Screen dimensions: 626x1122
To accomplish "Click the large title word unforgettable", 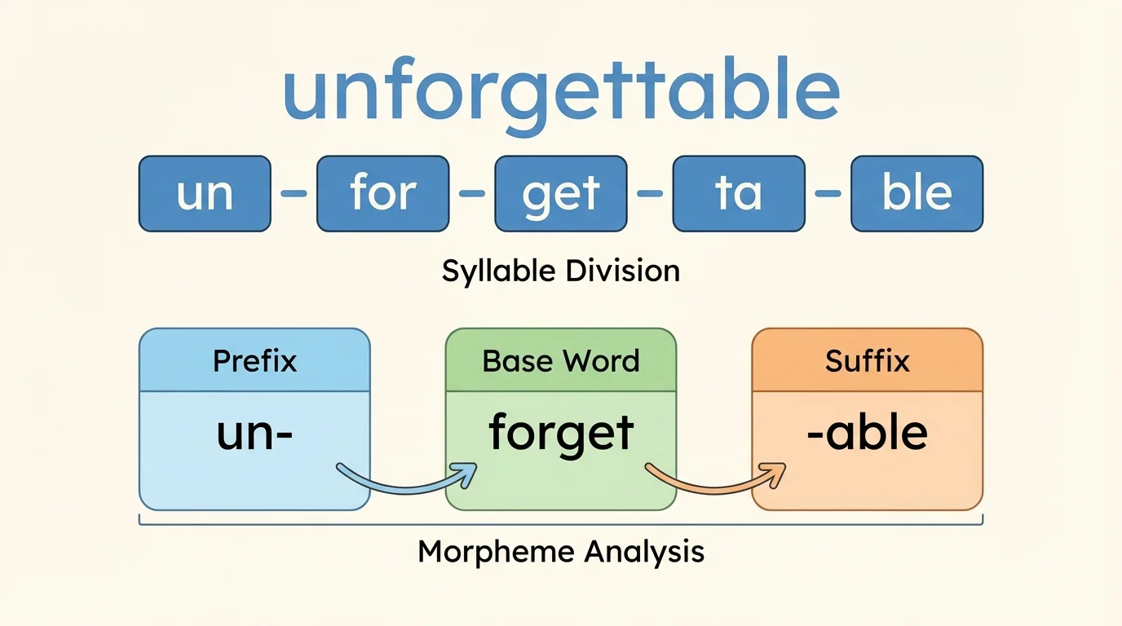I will pos(561,91).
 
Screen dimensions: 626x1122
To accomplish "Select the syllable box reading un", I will pos(205,194).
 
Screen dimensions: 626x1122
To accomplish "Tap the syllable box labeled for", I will pos(382,194).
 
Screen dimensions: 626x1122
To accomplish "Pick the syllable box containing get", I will pos(561,194).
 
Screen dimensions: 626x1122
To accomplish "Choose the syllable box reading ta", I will pos(739,194).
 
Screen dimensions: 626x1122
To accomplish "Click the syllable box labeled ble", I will pos(917,194).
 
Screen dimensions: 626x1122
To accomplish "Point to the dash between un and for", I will pos(294,194).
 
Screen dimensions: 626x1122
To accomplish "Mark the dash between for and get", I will pos(471,194).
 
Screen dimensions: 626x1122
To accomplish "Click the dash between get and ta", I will pos(650,194).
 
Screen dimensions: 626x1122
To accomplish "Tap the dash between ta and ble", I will pos(828,194).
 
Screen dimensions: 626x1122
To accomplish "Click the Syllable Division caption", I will pos(561,271).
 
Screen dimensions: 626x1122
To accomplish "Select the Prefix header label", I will pos(254,360).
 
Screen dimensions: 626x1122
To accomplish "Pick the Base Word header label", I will pos(561,360).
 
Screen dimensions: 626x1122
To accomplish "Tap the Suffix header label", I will pos(867,360).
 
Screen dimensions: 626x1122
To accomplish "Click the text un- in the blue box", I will pos(254,434).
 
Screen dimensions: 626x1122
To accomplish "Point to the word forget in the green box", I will pos(561,434).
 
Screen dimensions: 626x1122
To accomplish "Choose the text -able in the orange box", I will pos(867,434).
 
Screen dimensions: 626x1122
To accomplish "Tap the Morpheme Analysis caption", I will pos(561,552).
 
